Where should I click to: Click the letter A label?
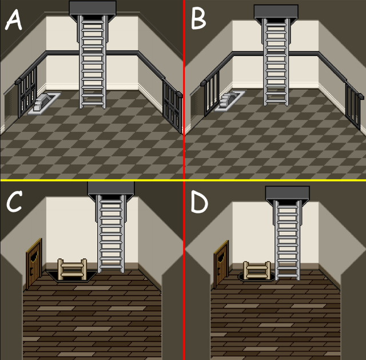14,19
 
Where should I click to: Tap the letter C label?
14,201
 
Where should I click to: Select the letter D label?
200,202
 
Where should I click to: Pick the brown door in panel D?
221,264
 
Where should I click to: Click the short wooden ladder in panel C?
72,269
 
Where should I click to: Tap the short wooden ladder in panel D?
257,270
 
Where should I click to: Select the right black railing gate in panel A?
172,106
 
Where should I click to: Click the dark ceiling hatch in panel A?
93,8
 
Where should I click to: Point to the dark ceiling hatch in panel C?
111,189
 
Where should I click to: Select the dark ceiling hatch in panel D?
288,193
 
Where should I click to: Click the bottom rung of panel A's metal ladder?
93,104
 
